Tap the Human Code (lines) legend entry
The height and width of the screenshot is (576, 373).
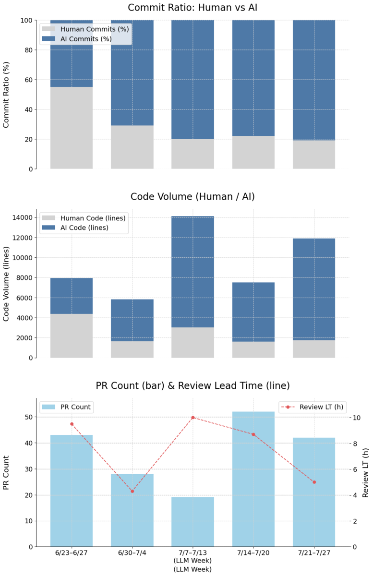click(x=93, y=218)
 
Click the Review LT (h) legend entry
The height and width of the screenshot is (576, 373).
click(x=317, y=407)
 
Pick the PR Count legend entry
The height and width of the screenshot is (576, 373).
click(x=75, y=407)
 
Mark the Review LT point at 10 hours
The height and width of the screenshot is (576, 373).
click(x=193, y=418)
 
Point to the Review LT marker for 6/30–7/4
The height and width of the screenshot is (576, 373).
click(x=132, y=491)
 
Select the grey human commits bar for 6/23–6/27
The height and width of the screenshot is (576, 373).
click(x=72, y=128)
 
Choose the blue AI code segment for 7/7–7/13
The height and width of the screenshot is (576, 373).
click(x=193, y=272)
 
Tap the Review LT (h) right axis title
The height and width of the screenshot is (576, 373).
click(x=365, y=472)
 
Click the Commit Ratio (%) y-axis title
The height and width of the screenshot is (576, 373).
click(x=7, y=95)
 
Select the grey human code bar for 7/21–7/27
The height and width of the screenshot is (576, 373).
click(x=314, y=349)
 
